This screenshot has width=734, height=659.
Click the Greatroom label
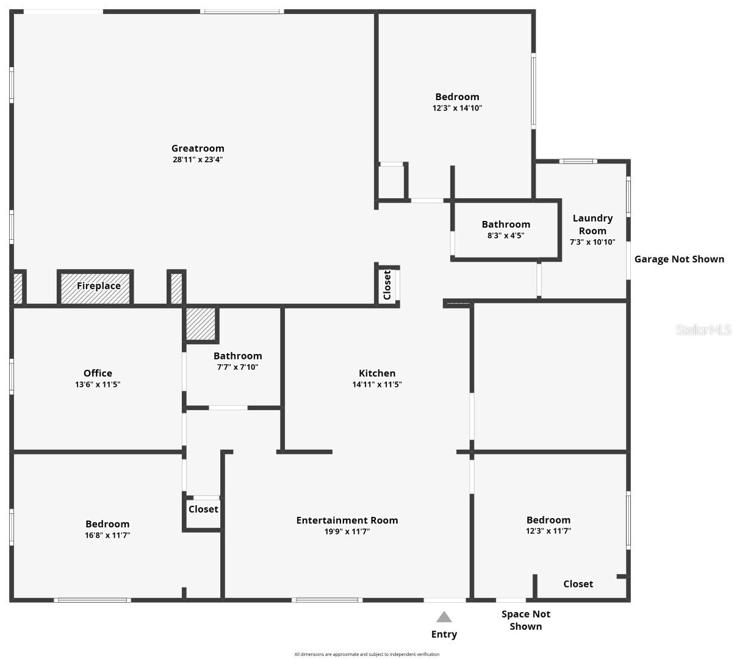click(x=198, y=148)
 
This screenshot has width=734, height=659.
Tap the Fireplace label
click(x=98, y=286)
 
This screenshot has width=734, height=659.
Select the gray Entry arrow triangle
click(x=444, y=617)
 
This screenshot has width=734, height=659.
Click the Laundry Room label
click(x=592, y=224)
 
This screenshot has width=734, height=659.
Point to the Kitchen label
click(x=377, y=373)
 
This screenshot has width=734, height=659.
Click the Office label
click(x=98, y=373)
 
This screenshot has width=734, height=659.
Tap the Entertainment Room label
click(x=347, y=520)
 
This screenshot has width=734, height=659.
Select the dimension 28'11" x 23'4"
click(x=198, y=160)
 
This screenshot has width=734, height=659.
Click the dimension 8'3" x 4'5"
click(x=506, y=236)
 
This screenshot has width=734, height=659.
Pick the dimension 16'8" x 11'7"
click(x=107, y=535)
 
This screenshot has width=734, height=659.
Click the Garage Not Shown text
click(x=679, y=259)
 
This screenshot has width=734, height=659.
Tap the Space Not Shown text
click(x=525, y=620)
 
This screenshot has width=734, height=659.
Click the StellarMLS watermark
click(x=703, y=330)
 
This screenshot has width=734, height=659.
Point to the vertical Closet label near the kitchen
click(x=387, y=285)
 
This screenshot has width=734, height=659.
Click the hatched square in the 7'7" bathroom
click(x=200, y=323)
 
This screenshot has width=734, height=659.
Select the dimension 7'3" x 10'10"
click(x=592, y=242)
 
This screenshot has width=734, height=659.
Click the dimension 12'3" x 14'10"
click(x=457, y=108)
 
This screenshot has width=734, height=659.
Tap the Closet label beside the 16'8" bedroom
click(x=203, y=509)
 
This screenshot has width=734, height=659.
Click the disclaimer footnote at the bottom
click(x=367, y=654)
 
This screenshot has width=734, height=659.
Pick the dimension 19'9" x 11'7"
click(x=347, y=531)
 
